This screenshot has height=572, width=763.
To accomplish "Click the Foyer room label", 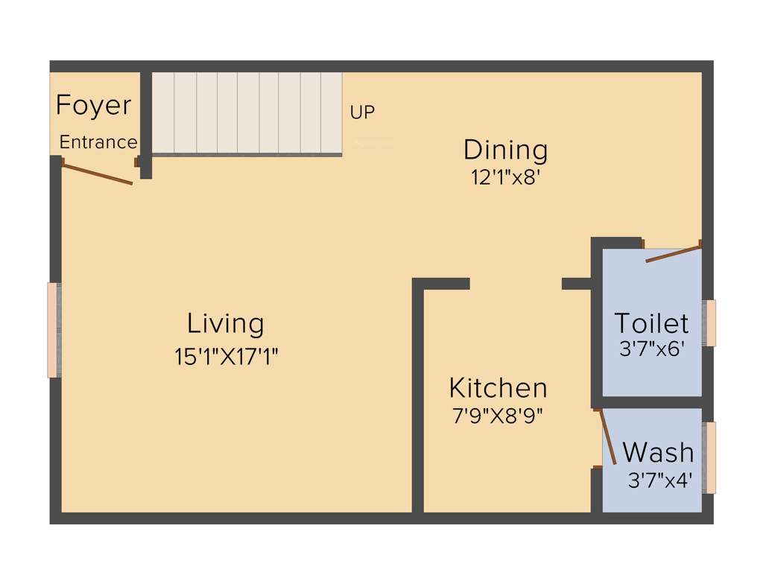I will click(x=94, y=105).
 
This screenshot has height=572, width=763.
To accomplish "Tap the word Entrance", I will click(x=98, y=142).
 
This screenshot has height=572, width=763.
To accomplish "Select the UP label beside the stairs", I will click(x=363, y=112).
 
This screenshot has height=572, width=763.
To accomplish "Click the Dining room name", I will click(x=506, y=150).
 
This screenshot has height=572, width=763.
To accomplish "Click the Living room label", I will click(x=226, y=324).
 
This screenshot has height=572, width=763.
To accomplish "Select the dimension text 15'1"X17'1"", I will click(x=227, y=357).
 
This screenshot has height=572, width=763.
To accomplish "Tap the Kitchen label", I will click(x=498, y=388).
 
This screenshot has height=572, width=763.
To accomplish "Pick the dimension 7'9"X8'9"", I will click(x=498, y=416).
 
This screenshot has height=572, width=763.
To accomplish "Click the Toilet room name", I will click(x=651, y=323).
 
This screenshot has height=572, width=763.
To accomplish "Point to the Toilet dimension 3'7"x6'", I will click(x=651, y=348).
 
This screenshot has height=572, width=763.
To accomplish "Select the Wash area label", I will click(x=658, y=452).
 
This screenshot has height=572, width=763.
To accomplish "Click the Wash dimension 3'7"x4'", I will click(x=660, y=480).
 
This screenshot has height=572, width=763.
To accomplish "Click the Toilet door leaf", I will click(x=674, y=252).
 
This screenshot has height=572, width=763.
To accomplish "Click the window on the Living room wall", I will click(x=54, y=330).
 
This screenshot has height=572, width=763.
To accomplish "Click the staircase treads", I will click(x=247, y=112).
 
